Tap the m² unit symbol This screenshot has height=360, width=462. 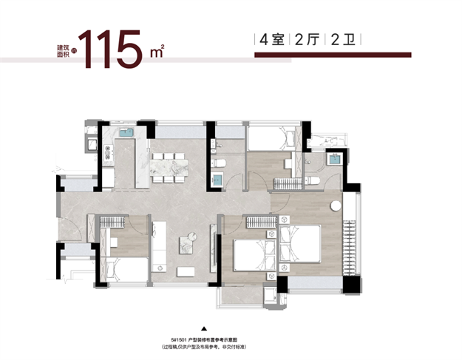pos(157,52)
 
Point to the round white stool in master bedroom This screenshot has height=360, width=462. pos(336,206)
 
